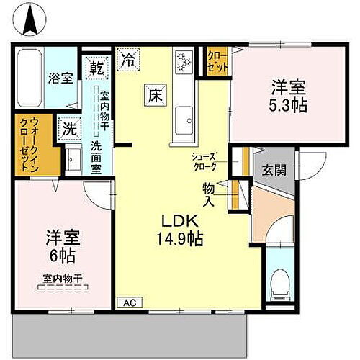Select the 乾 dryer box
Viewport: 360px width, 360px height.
coord(96,69)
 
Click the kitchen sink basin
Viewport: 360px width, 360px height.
coord(183,115)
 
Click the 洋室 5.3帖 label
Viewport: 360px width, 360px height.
coord(289,96)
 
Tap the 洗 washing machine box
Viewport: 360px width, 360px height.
coord(69,130)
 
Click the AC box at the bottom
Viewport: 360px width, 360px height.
coord(129,302)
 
